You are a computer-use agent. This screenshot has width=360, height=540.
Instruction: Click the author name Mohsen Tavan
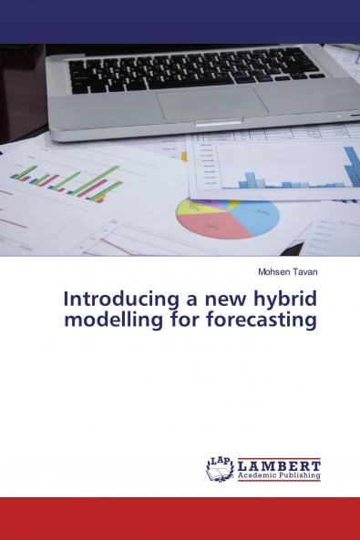(287, 271)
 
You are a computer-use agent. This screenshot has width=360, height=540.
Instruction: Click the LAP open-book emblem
(220, 468)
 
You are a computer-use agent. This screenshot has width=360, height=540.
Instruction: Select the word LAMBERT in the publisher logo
(279, 464)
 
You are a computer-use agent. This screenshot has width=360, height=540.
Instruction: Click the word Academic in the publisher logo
(257, 475)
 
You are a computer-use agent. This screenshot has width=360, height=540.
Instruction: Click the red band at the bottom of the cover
(180, 518)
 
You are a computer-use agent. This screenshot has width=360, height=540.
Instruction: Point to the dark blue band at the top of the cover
(180, 21)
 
